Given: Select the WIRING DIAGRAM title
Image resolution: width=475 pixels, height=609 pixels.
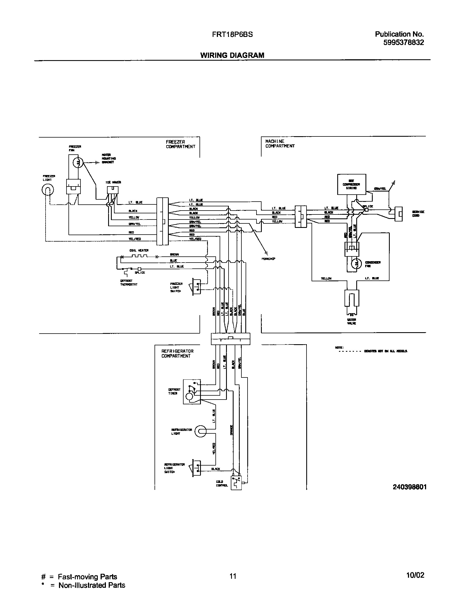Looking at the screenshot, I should [232, 55].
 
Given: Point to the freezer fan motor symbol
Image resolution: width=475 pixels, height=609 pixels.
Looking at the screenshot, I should [78, 162].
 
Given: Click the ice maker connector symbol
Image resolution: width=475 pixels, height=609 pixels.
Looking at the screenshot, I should [113, 190].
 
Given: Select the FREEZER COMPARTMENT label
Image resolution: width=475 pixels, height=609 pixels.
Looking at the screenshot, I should [180, 144].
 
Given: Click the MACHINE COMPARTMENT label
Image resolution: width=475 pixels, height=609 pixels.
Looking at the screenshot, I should [280, 144].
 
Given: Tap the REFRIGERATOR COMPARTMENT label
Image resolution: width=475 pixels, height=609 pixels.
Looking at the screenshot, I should [177, 353].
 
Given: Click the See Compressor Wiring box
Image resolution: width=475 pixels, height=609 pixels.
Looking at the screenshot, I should [351, 184].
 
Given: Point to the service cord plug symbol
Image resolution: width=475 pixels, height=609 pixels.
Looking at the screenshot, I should [398, 214].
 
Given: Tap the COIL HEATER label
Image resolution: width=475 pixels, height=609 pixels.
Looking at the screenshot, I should [139, 251].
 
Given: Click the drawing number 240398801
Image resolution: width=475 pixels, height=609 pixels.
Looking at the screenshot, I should [409, 487].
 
